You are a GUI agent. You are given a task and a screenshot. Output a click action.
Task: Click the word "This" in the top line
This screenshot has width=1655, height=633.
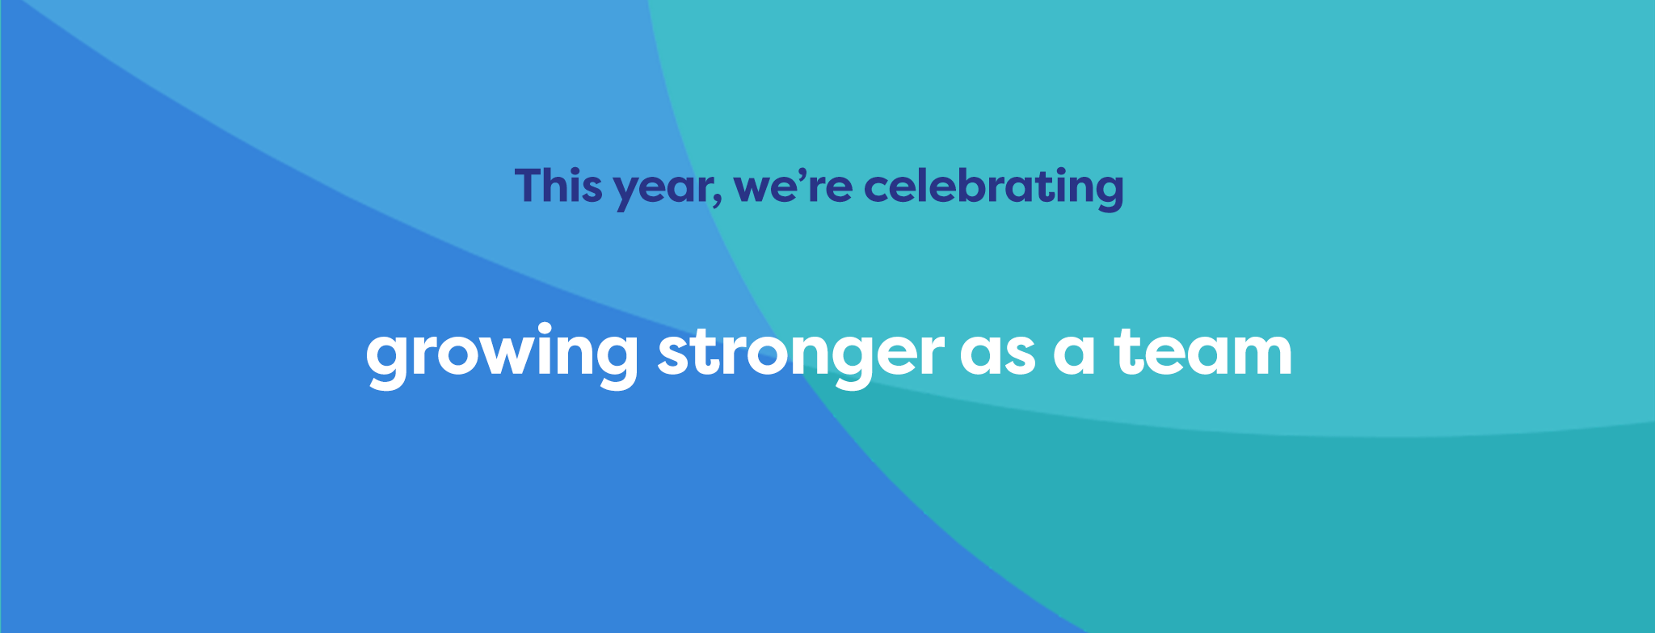(558, 186)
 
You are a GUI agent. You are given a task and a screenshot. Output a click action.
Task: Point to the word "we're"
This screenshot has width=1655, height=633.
(793, 186)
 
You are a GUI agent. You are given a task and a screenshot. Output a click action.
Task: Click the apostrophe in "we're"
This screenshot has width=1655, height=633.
(811, 174)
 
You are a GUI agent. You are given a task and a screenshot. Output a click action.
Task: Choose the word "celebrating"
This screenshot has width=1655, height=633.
(994, 189)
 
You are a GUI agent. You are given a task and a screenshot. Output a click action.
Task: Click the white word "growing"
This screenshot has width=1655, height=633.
(502, 356)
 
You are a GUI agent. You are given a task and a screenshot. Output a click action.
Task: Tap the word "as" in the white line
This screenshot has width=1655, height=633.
(998, 355)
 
